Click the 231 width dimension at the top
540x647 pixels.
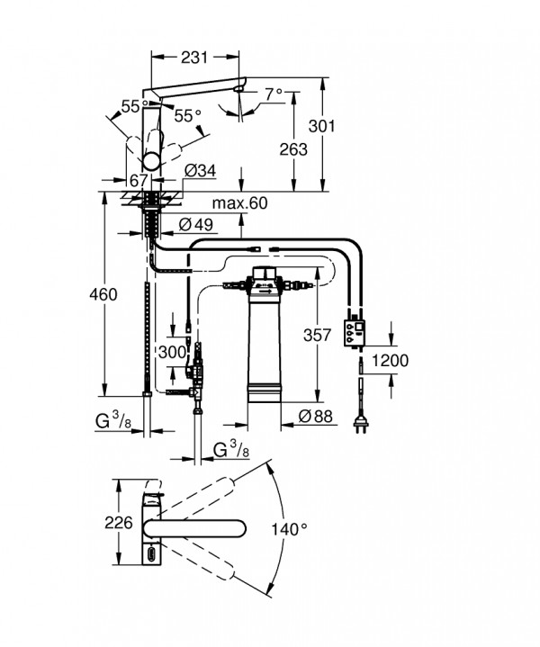point(194,58)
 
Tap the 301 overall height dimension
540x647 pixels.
point(322,126)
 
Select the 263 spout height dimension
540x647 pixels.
point(293,149)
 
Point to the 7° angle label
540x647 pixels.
point(274,94)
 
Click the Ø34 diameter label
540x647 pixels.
point(200,170)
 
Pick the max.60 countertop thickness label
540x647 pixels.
point(239,203)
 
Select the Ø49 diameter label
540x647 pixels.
point(196,224)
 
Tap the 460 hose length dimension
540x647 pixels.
point(103,294)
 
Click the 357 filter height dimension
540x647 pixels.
point(317,335)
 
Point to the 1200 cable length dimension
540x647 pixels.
point(390,361)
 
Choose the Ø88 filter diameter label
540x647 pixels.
point(315,417)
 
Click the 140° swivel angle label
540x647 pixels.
point(290,529)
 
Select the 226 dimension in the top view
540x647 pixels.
point(119,523)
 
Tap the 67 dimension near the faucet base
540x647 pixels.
point(139,181)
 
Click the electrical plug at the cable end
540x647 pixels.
point(360,423)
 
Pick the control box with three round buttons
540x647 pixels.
point(355,333)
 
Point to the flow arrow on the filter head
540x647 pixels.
point(265,292)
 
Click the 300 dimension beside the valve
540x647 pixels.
point(172,353)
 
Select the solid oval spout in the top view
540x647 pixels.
point(195,529)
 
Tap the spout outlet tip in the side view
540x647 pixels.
point(238,89)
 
